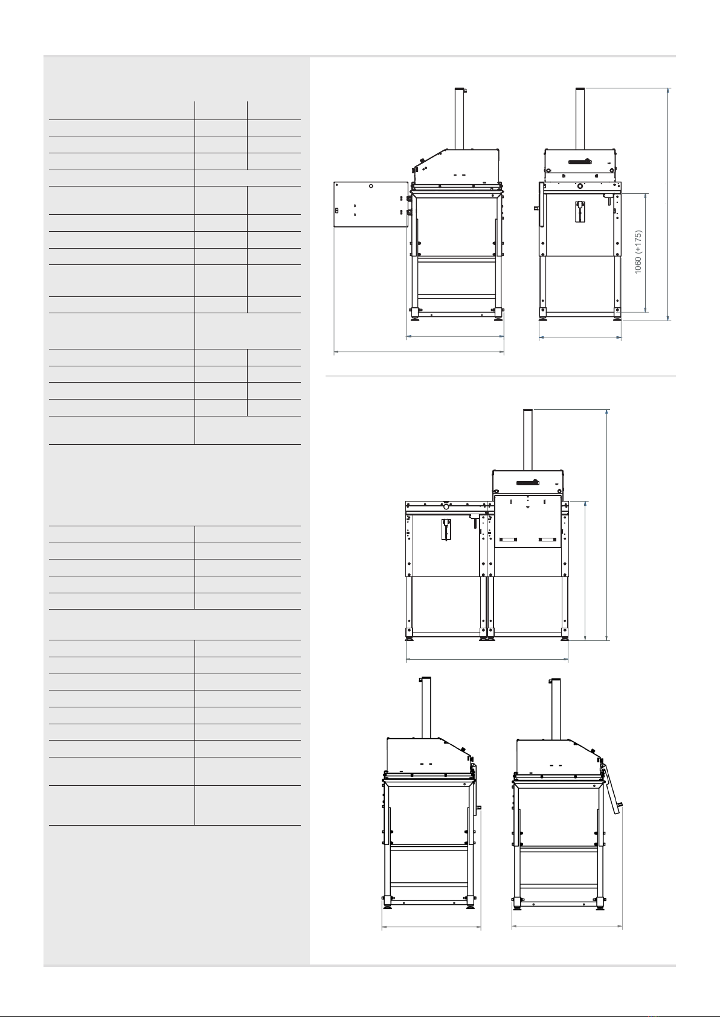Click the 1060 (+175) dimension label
(638, 252)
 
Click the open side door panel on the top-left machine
(371, 205)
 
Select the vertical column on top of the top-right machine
(580, 118)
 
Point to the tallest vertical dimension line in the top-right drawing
(668, 205)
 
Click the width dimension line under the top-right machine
(580, 337)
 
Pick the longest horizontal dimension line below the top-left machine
(419, 351)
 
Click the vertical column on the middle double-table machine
(528, 440)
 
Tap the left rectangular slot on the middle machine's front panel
(509, 540)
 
